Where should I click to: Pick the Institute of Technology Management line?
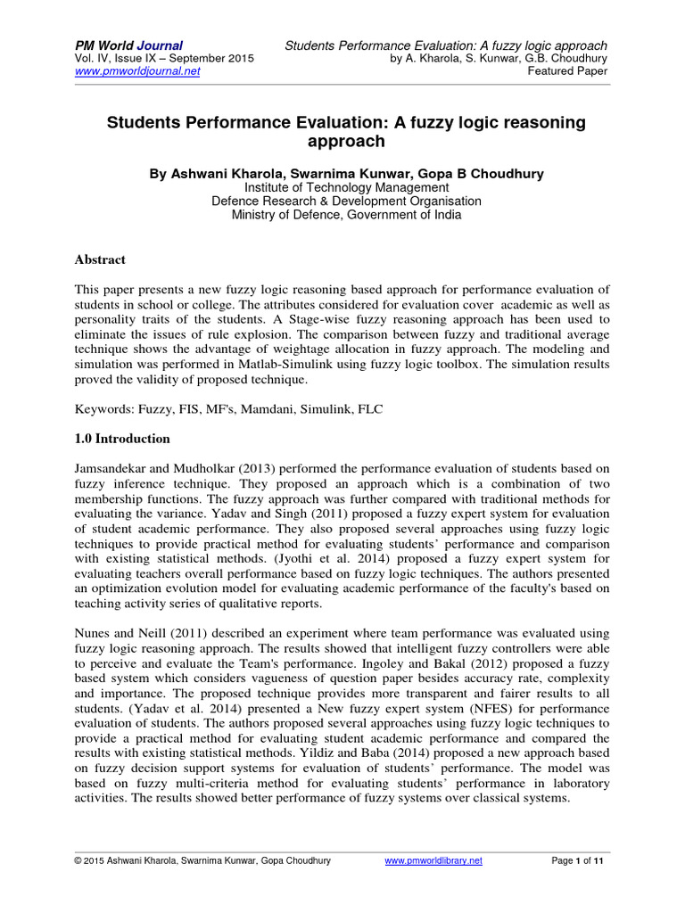click(x=342, y=187)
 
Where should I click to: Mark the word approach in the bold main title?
click(x=342, y=141)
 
